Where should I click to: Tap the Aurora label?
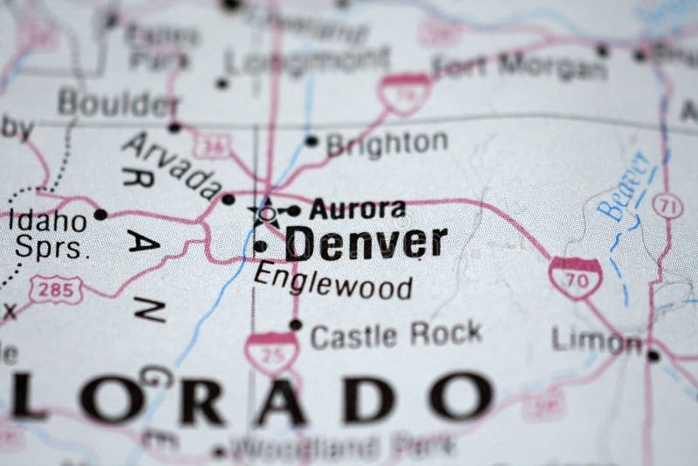[358, 209]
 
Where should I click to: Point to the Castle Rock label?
[396, 334]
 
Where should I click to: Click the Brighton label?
[387, 143]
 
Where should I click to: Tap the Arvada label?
[172, 165]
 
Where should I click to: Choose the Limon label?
[597, 341]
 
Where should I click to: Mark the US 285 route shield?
[56, 290]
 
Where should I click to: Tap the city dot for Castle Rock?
[296, 325]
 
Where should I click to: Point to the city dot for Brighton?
[311, 140]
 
